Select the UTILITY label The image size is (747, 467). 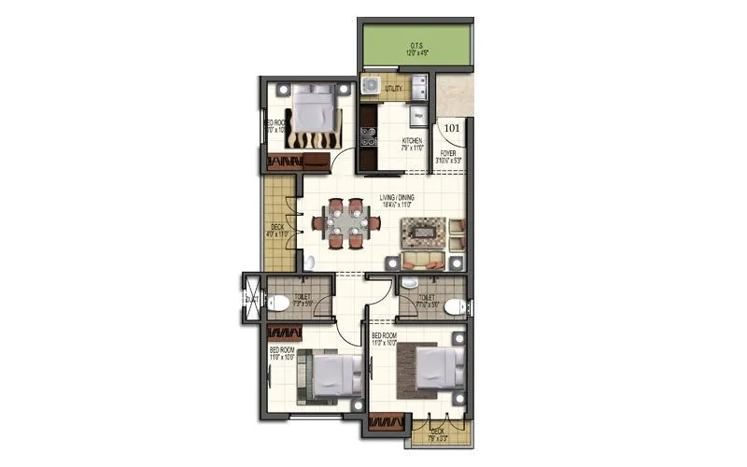[393, 88]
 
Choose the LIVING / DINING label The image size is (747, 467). [397, 198]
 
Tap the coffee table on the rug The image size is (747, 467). [422, 230]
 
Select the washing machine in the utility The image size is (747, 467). [371, 88]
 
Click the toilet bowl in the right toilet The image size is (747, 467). [453, 306]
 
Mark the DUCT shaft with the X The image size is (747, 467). [250, 298]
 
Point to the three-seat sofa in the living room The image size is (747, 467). [425, 260]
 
